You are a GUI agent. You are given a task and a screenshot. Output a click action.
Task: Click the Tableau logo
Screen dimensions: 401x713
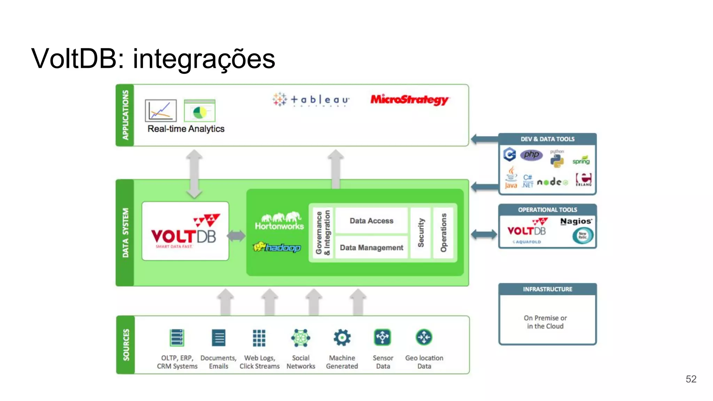pos(311,100)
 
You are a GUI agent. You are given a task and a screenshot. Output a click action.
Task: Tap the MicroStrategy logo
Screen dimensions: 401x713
pos(409,100)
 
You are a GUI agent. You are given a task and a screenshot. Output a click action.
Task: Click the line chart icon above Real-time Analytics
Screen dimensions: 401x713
pos(161,111)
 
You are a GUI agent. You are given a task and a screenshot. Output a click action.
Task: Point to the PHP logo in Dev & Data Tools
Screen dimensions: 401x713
pos(531,155)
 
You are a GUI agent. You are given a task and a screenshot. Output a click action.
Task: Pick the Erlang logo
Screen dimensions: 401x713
pos(584,180)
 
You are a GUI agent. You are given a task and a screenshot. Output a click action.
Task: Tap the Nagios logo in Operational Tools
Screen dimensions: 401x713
pos(576,221)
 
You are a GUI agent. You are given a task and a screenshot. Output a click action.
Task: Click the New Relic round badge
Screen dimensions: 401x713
pos(582,236)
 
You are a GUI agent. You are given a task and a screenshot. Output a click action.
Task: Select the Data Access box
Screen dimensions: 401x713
pos(371,221)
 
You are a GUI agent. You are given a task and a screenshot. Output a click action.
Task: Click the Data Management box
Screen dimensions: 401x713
pos(371,247)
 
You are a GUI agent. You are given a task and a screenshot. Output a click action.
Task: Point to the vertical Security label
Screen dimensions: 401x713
pos(421,233)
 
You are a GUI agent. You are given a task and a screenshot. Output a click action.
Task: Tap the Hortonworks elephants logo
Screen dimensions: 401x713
pos(280,221)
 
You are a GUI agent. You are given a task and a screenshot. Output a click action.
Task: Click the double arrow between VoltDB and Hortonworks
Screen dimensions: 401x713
pos(236,236)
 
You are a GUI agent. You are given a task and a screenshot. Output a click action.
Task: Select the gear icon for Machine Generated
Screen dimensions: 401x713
pos(342,338)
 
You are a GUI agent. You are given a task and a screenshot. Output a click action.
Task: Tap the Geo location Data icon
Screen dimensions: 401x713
pos(424,337)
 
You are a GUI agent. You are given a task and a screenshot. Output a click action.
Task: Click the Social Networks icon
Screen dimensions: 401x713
pos(300,338)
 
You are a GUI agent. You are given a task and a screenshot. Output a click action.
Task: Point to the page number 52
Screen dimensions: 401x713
pos(691,379)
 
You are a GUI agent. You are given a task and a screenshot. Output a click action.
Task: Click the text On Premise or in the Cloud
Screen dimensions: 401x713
pos(545,322)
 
